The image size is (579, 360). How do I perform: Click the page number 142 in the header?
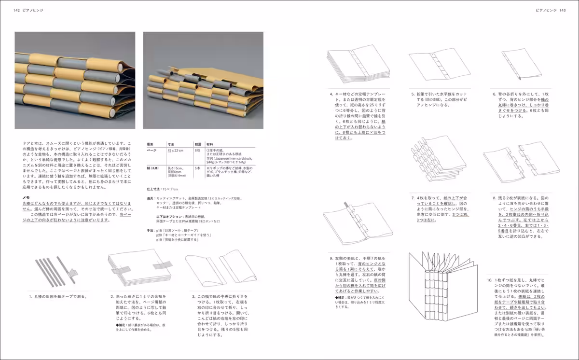[17, 10]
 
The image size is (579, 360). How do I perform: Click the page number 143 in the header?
[562, 10]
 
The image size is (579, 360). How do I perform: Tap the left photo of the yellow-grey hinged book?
[75, 80]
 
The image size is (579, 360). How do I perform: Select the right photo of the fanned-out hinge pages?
[203, 80]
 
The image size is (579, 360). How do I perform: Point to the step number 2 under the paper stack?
[111, 297]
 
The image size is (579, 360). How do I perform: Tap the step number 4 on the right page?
[331, 95]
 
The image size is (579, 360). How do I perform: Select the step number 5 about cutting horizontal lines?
[413, 95]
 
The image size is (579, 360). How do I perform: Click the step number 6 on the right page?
[494, 95]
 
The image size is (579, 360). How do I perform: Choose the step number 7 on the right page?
[413, 198]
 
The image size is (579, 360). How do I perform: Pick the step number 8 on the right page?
[494, 198]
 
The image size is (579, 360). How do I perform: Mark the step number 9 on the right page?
[331, 258]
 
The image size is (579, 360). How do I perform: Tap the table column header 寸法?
[171, 144]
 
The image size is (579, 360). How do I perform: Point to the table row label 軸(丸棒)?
[154, 168]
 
